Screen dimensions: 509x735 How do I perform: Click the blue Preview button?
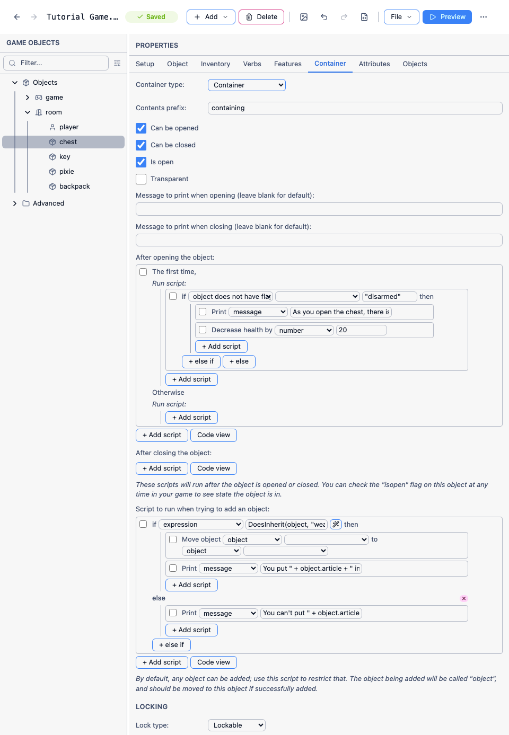(447, 17)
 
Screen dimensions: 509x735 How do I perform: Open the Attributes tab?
(374, 64)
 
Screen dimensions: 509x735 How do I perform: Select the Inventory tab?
(215, 64)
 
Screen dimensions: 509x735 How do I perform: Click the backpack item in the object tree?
(74, 187)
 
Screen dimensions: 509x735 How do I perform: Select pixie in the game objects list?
(66, 172)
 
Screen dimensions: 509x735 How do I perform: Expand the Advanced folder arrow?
(14, 203)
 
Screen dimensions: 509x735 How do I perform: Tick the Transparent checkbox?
(141, 179)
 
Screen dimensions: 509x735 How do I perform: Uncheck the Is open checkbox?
(141, 162)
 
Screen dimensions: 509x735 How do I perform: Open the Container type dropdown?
(247, 85)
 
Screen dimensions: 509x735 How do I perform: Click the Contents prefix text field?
(355, 108)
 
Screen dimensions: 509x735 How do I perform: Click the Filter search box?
(56, 63)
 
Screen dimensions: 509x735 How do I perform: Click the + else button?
(239, 361)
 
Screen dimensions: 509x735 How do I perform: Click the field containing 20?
(361, 330)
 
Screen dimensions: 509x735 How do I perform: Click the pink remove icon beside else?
(464, 598)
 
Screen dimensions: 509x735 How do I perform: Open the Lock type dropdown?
(236, 725)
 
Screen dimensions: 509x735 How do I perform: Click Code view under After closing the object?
(214, 468)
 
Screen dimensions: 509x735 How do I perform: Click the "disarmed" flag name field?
(390, 297)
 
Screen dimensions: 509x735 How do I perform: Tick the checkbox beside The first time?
(143, 272)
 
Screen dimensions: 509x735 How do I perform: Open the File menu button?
(401, 17)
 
